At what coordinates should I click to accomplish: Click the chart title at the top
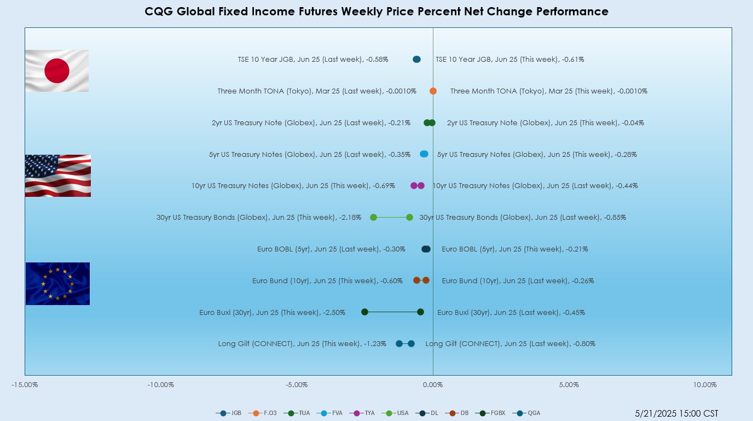[x=376, y=11]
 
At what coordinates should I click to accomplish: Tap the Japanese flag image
[x=57, y=71]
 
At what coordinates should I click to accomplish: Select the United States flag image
[x=58, y=176]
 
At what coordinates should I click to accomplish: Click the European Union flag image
[x=57, y=283]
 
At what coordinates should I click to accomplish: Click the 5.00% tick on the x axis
[x=569, y=385]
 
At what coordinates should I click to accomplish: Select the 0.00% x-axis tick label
[x=433, y=385]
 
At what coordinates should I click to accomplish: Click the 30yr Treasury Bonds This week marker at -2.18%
[x=373, y=217]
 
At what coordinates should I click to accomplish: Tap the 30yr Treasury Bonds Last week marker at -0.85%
[x=409, y=217]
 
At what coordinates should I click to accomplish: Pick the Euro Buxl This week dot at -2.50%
[x=364, y=312]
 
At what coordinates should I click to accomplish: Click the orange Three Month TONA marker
[x=433, y=91]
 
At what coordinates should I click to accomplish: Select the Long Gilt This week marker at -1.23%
[x=399, y=343]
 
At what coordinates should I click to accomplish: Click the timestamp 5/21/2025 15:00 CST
[x=676, y=413]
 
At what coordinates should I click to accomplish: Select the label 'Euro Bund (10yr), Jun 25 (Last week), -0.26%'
[x=518, y=281]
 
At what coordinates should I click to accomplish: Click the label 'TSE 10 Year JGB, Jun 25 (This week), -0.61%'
[x=509, y=60]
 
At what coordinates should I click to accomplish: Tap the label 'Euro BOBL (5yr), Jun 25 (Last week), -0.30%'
[x=331, y=249]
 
